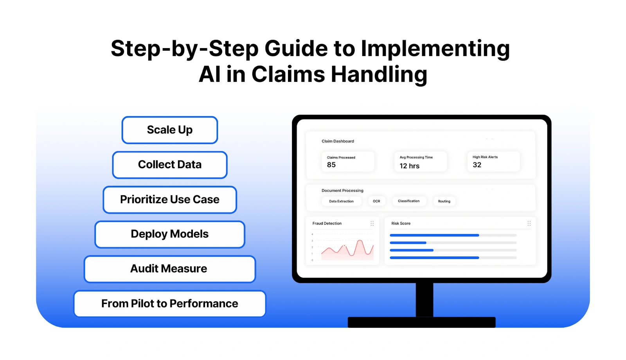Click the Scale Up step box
point(169,130)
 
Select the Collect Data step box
point(169,165)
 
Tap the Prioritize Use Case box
point(169,200)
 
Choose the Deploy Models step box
point(169,234)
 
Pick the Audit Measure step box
point(169,269)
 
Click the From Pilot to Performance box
point(169,304)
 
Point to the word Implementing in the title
point(435,49)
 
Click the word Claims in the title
point(288,74)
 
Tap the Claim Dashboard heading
point(338,141)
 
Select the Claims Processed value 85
point(331,165)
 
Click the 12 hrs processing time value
point(409,166)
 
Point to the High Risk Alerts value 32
point(477,165)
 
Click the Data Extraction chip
point(341,201)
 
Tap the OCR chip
point(376,201)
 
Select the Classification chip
point(408,201)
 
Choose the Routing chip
point(444,201)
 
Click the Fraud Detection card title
point(327,223)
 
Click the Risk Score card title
point(401,223)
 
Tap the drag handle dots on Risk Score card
point(529,223)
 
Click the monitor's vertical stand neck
point(424,299)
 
